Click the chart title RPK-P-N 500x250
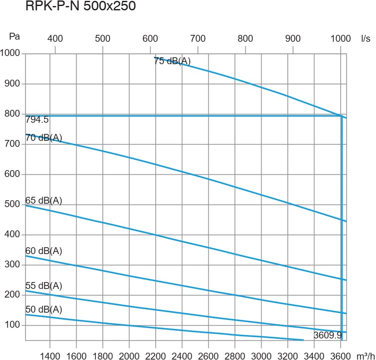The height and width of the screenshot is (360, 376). (x=81, y=7)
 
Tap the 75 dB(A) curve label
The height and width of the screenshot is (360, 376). (x=172, y=61)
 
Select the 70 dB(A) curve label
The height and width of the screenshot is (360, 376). (x=44, y=138)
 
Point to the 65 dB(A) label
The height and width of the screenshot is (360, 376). (x=44, y=200)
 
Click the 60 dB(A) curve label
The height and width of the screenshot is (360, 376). (x=44, y=251)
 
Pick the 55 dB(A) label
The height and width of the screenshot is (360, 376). (x=44, y=286)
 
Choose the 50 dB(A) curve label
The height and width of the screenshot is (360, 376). (x=44, y=310)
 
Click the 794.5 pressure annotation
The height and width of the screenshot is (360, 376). (x=37, y=120)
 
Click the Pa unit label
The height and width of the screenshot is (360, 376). (x=15, y=37)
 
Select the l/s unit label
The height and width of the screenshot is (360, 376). (x=366, y=38)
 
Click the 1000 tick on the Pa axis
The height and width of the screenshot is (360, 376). (x=10, y=53)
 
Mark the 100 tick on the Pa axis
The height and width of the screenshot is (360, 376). (x=13, y=325)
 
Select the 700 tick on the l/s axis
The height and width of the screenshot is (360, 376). (x=198, y=38)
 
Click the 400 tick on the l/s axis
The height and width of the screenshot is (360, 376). (x=55, y=38)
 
